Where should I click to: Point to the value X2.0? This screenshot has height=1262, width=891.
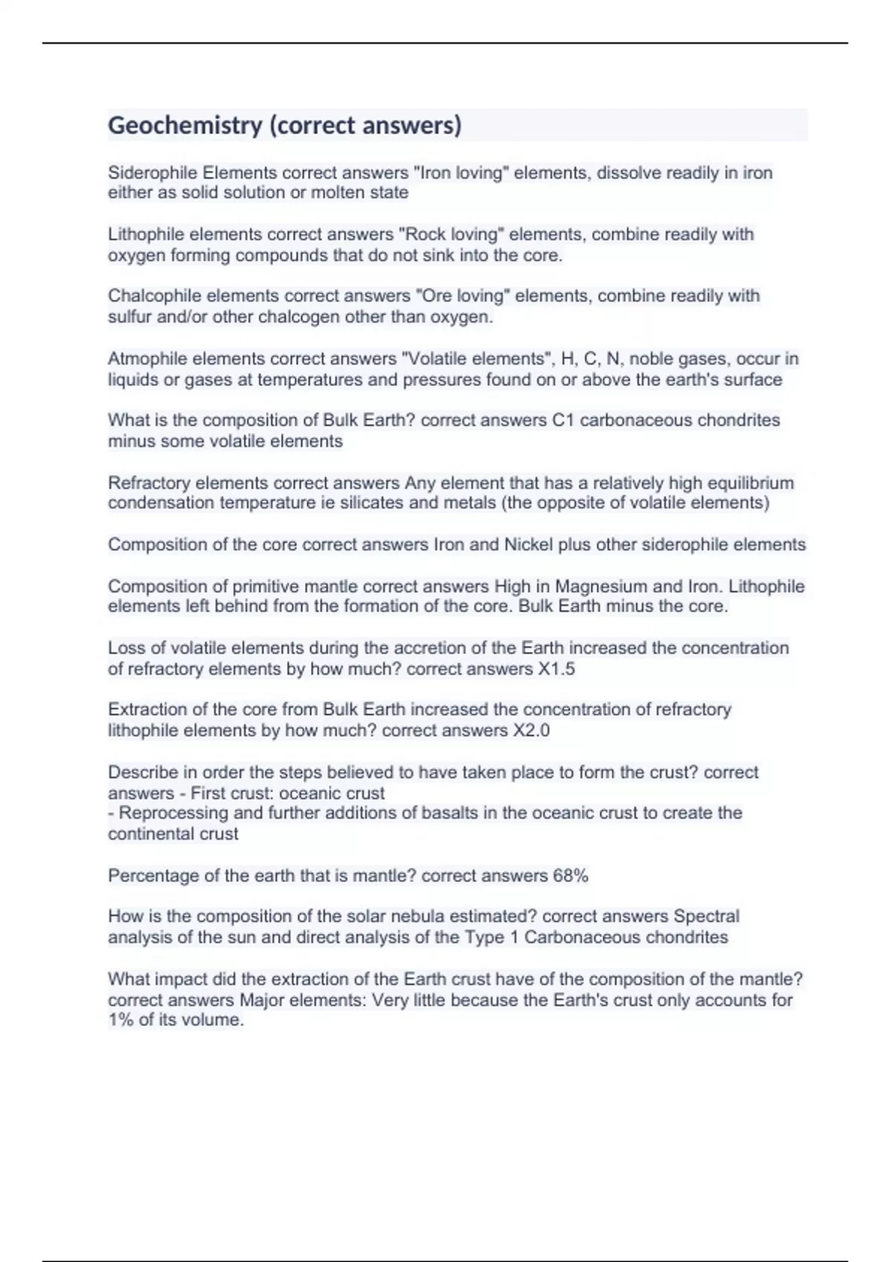click(x=531, y=730)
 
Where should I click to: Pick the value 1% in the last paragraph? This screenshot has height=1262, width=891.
click(x=121, y=1020)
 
